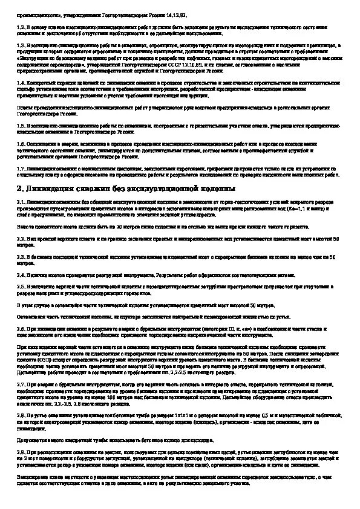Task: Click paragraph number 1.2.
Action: point(21,28)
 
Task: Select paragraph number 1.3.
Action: point(21,45)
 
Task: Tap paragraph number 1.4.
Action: point(21,82)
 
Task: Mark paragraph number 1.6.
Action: point(21,143)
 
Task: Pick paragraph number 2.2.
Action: point(21,240)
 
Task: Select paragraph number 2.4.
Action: point(21,274)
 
